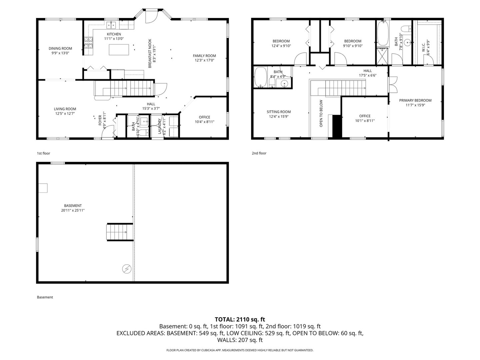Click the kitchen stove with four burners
(x=88, y=43)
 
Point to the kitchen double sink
(x=112, y=25)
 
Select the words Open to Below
(x=321, y=113)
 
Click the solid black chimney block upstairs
(x=337, y=126)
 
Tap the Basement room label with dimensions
(x=73, y=208)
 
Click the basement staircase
(x=120, y=232)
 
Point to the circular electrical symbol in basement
(x=126, y=269)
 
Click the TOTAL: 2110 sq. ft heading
(x=240, y=320)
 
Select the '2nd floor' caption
(x=259, y=153)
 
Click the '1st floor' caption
(x=43, y=153)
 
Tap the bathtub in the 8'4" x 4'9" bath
(x=260, y=77)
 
